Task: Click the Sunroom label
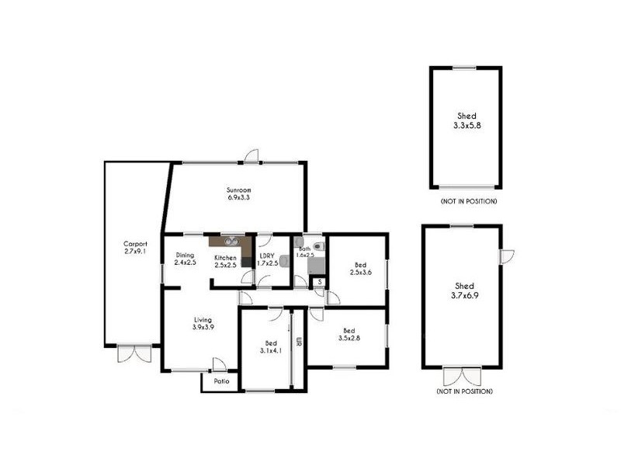pos(238,193)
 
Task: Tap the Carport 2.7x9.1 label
pos(135,247)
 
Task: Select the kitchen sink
pos(230,241)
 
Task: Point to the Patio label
pos(221,381)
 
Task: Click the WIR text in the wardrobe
pos(298,342)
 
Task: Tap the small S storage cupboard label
pos(318,281)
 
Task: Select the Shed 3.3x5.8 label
pos(467,120)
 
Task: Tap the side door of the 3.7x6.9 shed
pos(507,256)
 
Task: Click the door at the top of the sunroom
pos(251,155)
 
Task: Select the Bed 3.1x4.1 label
pos(271,347)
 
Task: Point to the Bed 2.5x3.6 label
pos(359,268)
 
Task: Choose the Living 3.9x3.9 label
pos(203,323)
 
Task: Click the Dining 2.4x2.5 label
pos(185,258)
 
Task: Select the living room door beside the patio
pos(219,364)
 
